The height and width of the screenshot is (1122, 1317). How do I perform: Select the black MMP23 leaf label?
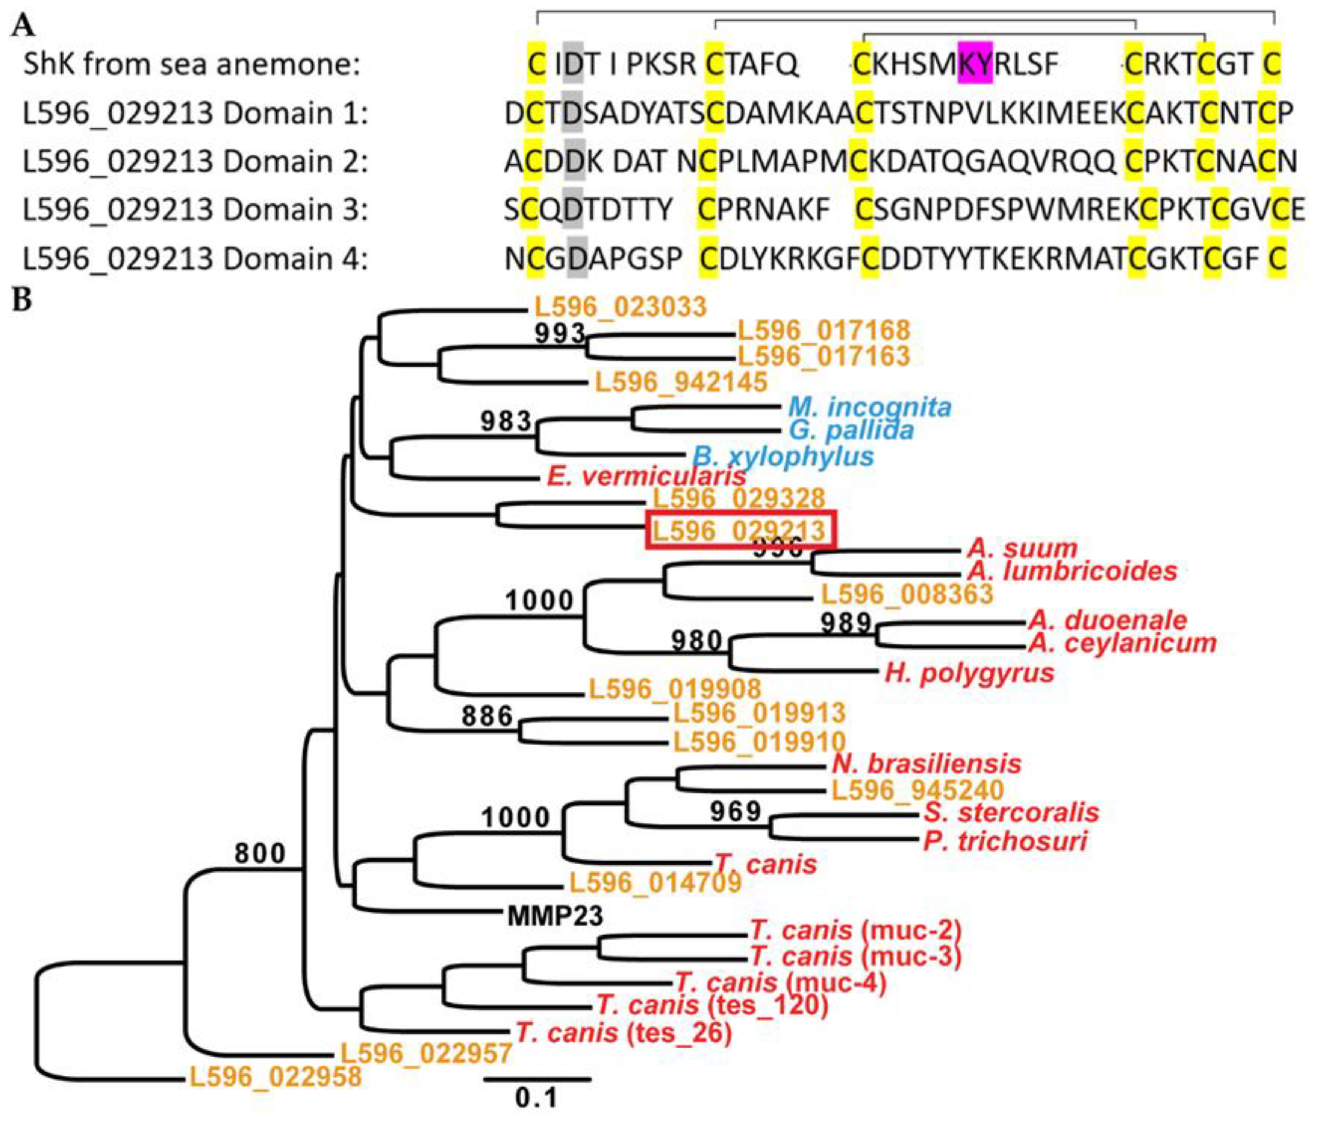coord(555,916)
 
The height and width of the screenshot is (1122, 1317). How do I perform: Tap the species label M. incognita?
coord(869,407)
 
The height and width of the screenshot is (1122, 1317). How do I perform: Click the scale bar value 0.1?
coord(536,1097)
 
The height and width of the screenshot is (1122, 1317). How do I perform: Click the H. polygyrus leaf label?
coord(969,672)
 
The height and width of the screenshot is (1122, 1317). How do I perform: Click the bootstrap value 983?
coord(505,421)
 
